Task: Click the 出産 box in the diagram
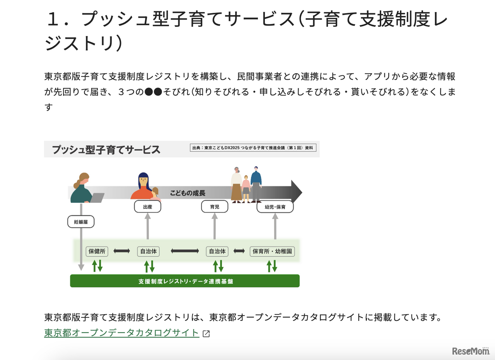147,207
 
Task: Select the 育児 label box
215,207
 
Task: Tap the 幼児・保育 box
275,207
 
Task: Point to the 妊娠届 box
81,222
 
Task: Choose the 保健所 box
97,251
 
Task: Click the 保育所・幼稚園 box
272,251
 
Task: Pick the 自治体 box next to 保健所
148,251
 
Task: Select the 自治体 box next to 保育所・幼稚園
217,251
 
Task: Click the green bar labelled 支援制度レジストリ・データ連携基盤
185,281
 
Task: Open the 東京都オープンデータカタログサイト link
122,333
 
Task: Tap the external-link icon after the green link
206,334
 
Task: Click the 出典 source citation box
253,148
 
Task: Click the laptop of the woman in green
97,197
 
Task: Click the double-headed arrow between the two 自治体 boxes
184,251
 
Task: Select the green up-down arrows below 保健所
97,266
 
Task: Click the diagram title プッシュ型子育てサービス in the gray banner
106,149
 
